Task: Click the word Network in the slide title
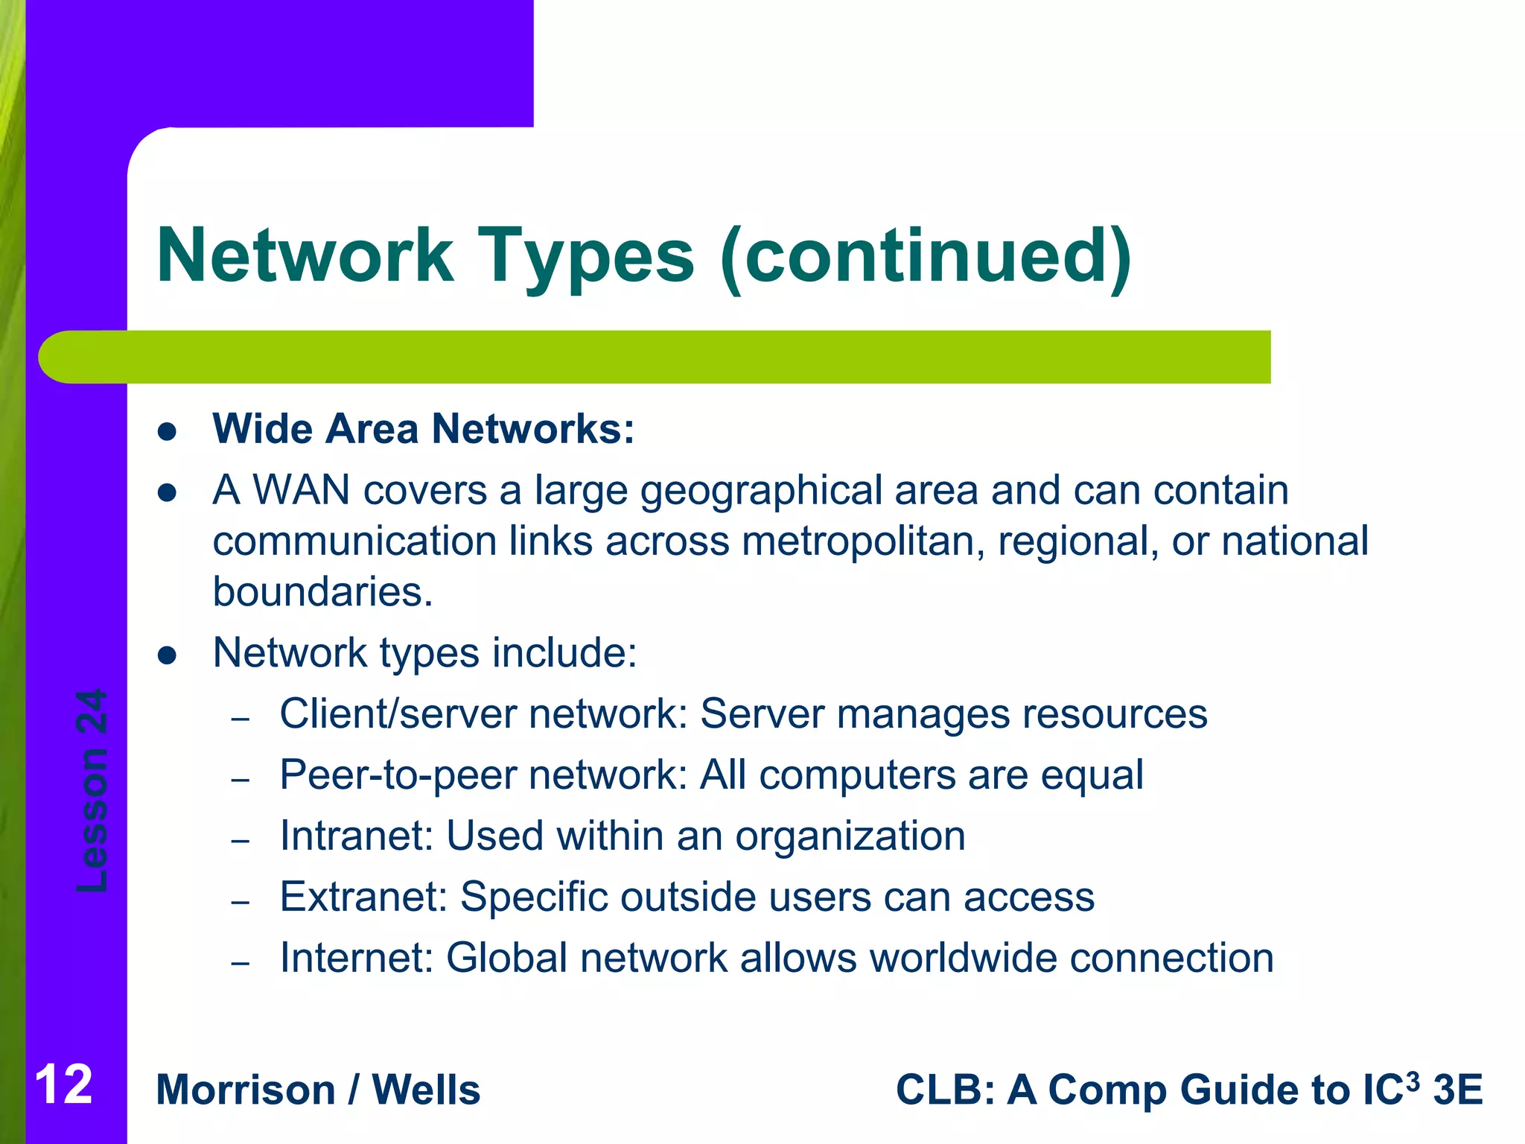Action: coord(305,255)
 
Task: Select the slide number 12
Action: coord(63,1084)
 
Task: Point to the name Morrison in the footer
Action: coord(246,1090)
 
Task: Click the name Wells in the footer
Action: coord(426,1090)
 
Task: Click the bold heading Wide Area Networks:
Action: coord(423,429)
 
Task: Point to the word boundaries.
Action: coord(322,592)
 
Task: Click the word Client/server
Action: coord(398,714)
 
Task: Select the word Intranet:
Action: coord(357,836)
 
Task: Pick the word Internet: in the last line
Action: coord(357,958)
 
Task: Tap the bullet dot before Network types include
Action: coord(167,655)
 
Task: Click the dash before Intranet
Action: coord(240,842)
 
